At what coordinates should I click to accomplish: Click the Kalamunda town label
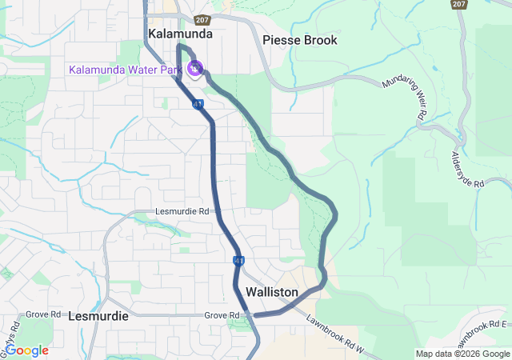(181, 34)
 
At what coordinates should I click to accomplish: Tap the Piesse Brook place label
(300, 40)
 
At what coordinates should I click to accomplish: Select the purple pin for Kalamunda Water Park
(195, 69)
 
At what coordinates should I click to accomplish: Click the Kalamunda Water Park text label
(125, 70)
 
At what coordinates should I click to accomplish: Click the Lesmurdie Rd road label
(182, 212)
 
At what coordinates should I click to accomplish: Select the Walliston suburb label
(272, 293)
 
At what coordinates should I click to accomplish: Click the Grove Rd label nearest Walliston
(222, 316)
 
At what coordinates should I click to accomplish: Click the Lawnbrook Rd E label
(480, 327)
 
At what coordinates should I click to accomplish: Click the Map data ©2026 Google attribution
(462, 354)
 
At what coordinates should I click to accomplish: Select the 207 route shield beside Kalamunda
(202, 18)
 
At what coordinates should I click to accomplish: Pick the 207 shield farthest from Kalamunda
(458, 5)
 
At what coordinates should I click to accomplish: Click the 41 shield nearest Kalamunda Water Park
(196, 104)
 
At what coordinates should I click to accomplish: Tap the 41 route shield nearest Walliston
(239, 261)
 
